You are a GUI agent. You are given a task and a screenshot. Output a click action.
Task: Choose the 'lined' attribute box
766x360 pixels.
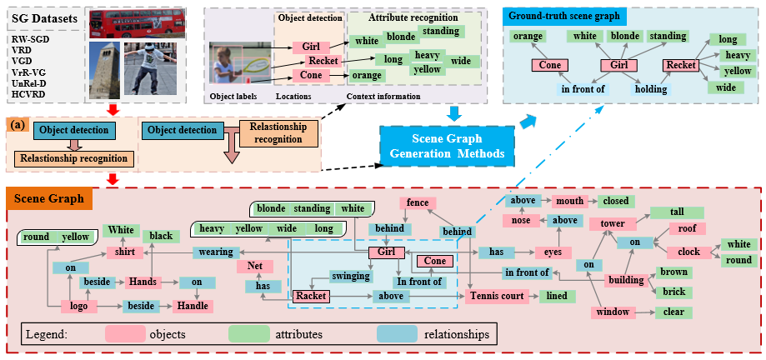[555, 296]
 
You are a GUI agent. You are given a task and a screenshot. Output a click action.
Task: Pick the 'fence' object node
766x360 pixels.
[418, 202]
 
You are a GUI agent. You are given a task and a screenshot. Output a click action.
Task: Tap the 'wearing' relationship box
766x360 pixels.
[216, 252]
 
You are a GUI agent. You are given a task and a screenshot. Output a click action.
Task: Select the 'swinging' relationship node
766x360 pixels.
[351, 276]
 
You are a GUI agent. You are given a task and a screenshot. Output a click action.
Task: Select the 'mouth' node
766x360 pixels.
[571, 201]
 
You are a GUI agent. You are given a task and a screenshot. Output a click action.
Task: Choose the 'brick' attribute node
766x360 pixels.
[673, 292]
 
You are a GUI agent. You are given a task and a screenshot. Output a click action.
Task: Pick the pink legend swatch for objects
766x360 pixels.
[131, 334]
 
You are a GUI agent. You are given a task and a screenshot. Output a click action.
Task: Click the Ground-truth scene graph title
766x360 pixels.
[566, 15]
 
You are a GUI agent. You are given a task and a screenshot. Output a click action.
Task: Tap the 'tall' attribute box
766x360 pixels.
[677, 212]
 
